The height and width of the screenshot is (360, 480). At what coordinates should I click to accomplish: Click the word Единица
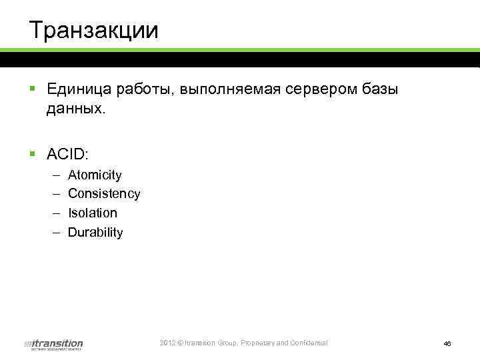point(76,89)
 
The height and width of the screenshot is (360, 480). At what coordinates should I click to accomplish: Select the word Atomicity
point(95,175)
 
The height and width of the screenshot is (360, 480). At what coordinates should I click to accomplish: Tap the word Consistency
point(104,194)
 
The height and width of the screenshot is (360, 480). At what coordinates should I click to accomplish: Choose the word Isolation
point(93,213)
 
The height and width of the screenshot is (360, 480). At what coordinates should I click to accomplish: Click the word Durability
point(95,233)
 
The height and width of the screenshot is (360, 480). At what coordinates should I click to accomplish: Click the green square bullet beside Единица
point(32,89)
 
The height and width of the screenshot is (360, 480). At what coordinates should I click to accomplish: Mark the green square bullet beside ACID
point(32,155)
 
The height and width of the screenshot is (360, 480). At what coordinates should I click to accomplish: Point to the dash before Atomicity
point(54,175)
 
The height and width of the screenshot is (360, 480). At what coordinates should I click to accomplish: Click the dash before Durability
point(54,233)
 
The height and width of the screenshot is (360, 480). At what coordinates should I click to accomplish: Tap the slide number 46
point(447,343)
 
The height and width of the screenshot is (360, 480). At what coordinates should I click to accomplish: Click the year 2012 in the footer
point(167,343)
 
